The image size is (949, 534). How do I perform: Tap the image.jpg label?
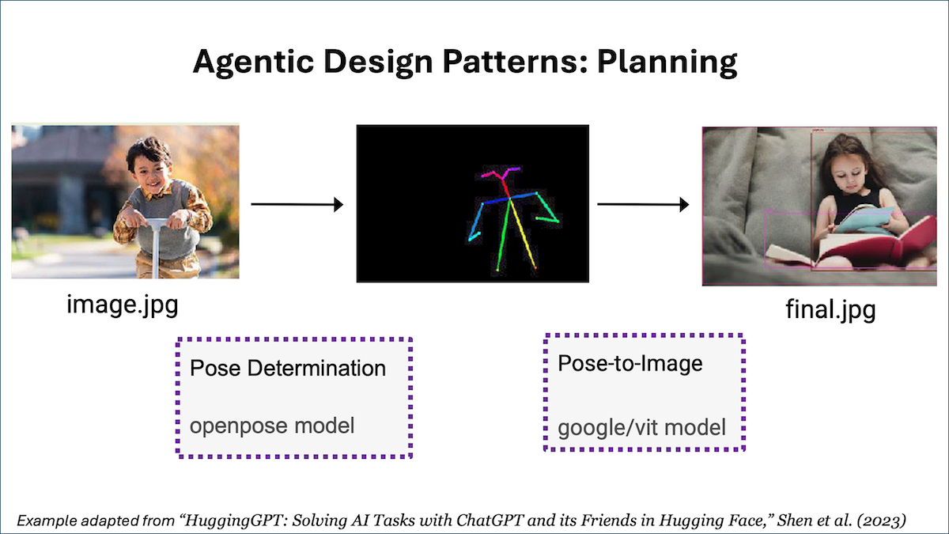123,305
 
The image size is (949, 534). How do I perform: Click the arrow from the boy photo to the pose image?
297,205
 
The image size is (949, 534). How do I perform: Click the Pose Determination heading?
288,368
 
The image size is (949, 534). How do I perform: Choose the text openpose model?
272,426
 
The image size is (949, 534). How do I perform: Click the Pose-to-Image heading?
630,363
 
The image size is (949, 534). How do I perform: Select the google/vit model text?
641,428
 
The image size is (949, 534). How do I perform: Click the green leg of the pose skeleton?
504,236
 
